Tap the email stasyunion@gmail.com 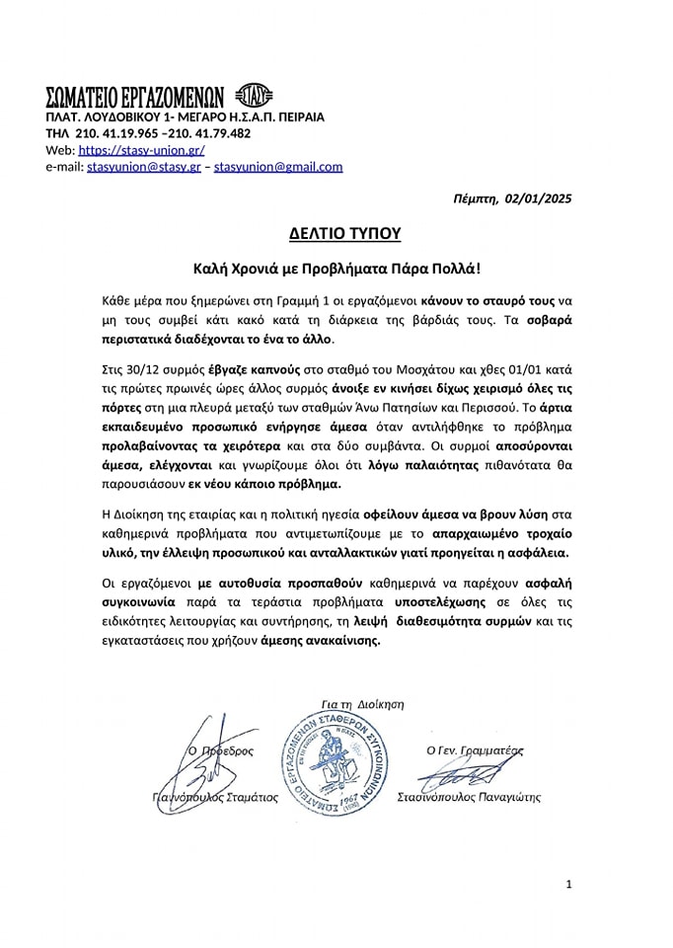click(x=278, y=167)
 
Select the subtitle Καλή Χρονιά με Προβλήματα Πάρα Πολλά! click(x=336, y=268)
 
